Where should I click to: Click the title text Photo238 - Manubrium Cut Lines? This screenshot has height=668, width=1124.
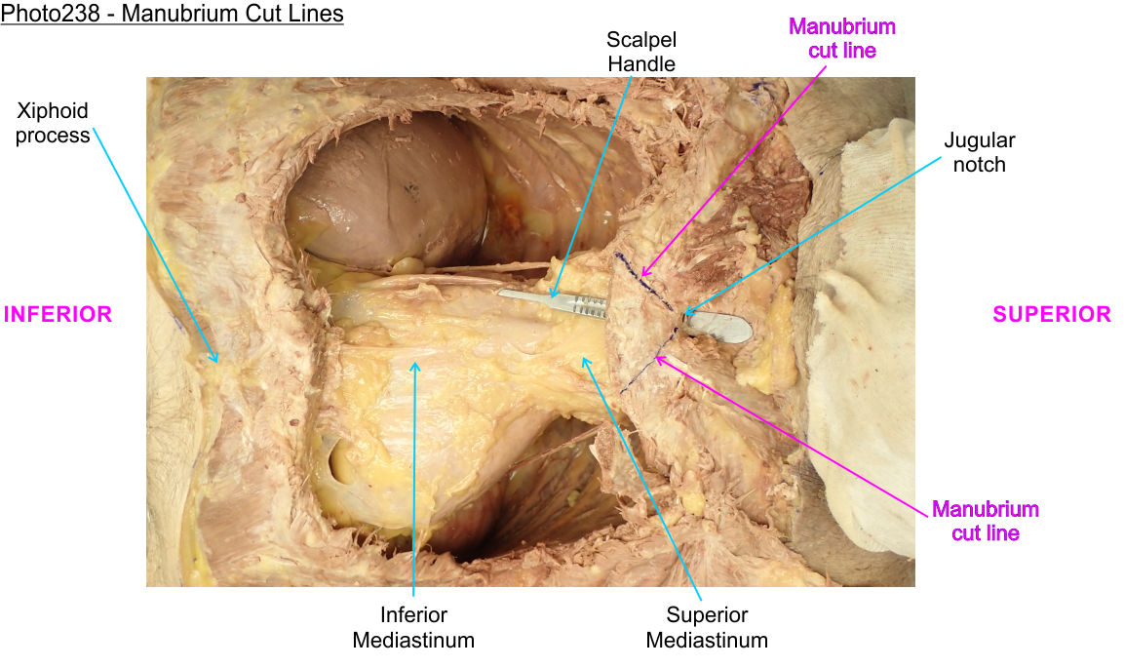coord(173,16)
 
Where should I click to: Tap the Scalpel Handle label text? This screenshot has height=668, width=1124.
coord(640,52)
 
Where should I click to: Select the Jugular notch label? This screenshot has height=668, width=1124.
coord(979,153)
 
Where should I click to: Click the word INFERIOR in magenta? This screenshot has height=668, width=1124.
coord(58,314)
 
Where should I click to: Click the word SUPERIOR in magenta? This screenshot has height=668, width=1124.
coord(1052,314)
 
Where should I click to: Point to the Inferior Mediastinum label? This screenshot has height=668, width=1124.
coord(413,627)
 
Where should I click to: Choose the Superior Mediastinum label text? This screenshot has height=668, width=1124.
coord(707,627)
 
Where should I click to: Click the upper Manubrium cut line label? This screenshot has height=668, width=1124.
coord(842,38)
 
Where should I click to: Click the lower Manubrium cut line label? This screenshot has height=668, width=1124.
coord(986,521)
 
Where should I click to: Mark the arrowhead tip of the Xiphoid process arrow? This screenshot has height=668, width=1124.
coord(217,363)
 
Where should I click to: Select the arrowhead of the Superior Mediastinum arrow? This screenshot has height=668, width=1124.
coord(584,358)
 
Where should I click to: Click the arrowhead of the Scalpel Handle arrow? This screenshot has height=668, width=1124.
coord(551,296)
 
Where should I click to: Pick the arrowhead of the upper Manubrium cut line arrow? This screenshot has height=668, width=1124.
coord(641,279)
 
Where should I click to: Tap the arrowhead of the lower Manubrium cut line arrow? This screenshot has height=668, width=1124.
coord(657,358)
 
